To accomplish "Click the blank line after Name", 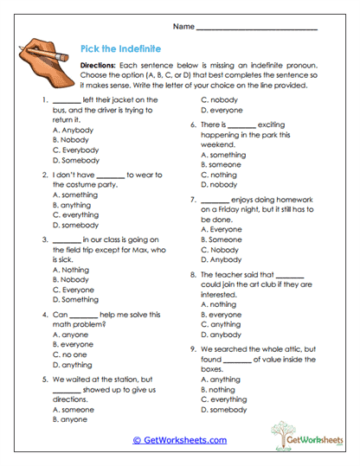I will tap(258, 28).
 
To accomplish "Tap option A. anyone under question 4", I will tap(70, 334).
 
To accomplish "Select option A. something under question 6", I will tap(222, 155).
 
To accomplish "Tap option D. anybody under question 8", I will tap(221, 335).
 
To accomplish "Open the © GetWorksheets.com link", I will tap(179, 440).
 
